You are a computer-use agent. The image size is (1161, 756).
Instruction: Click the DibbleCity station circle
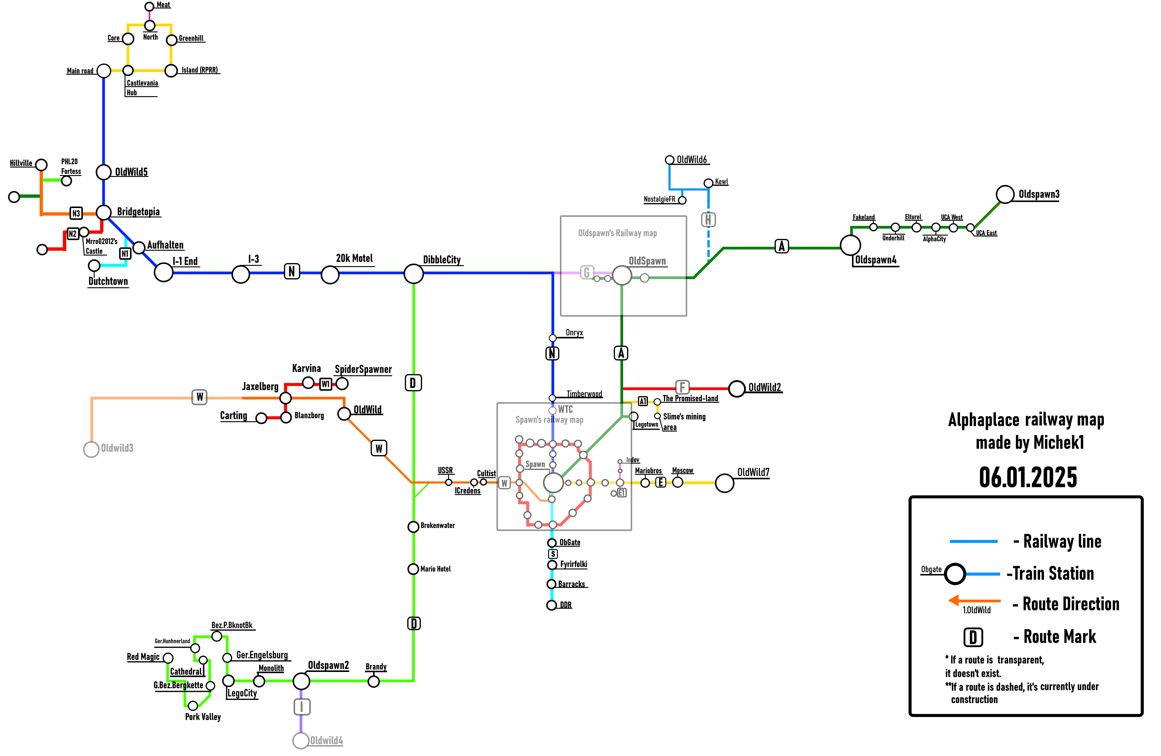click(413, 274)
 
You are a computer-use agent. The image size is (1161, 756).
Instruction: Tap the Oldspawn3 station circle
click(1005, 194)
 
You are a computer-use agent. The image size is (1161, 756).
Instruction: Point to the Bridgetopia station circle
click(103, 212)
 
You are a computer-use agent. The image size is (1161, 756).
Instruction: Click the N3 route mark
click(76, 213)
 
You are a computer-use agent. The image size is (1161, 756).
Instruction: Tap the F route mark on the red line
click(682, 387)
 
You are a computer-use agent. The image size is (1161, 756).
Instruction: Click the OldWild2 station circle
click(737, 389)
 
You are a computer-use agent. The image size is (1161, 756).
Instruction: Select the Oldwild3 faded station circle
click(91, 449)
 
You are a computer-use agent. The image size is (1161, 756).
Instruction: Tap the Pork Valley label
click(203, 717)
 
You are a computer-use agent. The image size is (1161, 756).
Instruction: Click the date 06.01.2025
click(1028, 477)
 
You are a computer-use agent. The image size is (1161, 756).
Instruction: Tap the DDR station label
click(566, 605)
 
